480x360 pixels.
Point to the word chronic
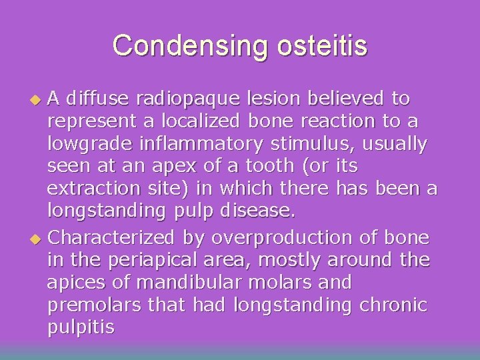(x=392, y=305)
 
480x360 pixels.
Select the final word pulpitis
(x=80, y=328)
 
